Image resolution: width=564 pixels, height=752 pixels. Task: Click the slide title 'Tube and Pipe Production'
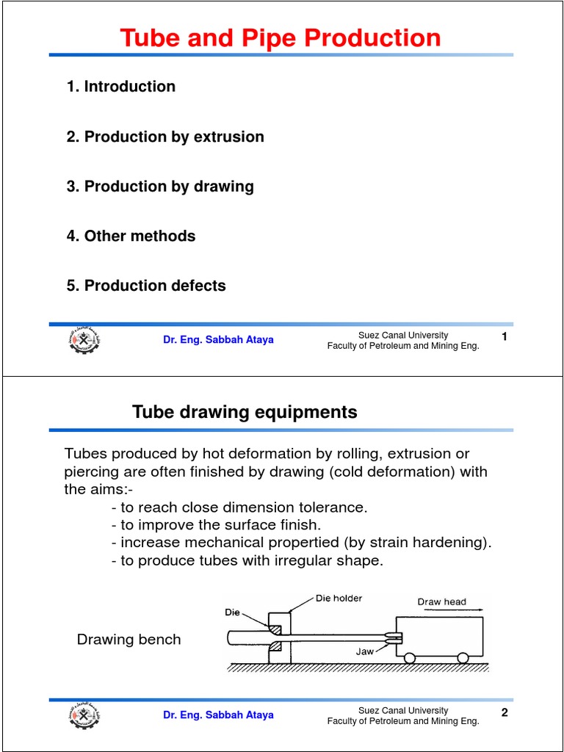pyautogui.click(x=281, y=38)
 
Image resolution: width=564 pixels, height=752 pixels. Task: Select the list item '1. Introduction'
pyautogui.click(x=121, y=87)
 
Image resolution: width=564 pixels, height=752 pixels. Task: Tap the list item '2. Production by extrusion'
pyautogui.click(x=165, y=137)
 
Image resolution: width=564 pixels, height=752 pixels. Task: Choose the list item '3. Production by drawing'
pyautogui.click(x=160, y=187)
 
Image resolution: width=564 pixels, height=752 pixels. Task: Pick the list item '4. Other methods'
pyautogui.click(x=131, y=236)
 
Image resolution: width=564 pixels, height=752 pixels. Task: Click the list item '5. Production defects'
pyautogui.click(x=146, y=286)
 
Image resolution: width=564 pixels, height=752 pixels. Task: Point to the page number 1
pyautogui.click(x=505, y=337)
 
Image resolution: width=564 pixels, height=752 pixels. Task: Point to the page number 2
pyautogui.click(x=505, y=712)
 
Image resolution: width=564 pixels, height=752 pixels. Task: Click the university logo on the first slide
pyautogui.click(x=84, y=341)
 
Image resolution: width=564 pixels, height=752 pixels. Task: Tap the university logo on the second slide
pyautogui.click(x=84, y=715)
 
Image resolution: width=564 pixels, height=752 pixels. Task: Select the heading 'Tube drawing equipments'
pyautogui.click(x=245, y=412)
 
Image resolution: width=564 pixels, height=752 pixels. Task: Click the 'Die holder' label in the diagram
pyautogui.click(x=339, y=599)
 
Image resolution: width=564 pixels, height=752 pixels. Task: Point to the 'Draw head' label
pyautogui.click(x=441, y=602)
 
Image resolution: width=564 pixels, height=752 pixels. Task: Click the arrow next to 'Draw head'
pyautogui.click(x=467, y=611)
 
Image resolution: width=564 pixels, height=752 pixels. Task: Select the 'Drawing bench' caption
pyautogui.click(x=129, y=640)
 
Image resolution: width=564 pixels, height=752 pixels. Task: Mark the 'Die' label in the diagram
pyautogui.click(x=232, y=611)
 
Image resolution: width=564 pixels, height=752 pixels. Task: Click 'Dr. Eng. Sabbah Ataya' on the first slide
pyautogui.click(x=218, y=340)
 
